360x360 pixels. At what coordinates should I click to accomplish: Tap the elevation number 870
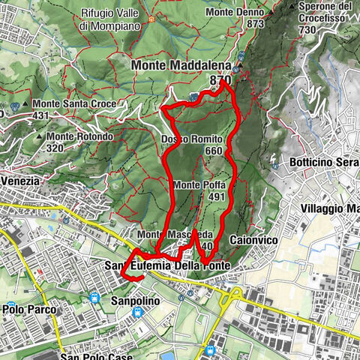(x=220, y=79)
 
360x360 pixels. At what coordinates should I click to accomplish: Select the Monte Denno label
(x=234, y=13)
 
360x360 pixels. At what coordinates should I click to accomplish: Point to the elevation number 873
(x=255, y=24)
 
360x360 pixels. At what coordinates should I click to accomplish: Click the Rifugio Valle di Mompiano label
(x=109, y=19)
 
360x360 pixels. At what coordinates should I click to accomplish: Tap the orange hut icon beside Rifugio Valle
(x=153, y=17)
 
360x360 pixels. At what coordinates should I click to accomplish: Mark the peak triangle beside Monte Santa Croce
(x=25, y=103)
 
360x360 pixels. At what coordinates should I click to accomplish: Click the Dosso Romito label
(x=192, y=139)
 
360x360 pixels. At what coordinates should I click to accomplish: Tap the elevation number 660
(x=214, y=151)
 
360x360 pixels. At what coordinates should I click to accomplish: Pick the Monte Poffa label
(x=199, y=184)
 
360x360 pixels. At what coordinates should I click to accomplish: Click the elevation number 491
(x=217, y=196)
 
